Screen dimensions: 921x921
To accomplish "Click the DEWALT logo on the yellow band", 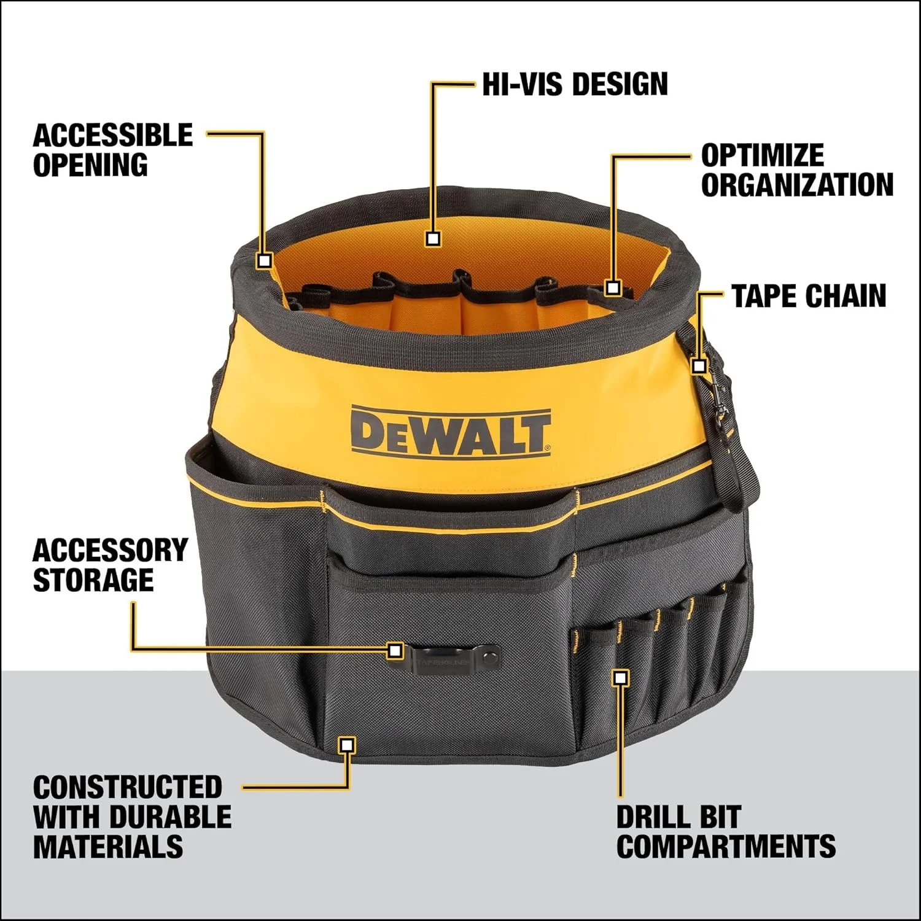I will click(450, 432).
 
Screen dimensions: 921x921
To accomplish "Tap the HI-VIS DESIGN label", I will click(574, 84).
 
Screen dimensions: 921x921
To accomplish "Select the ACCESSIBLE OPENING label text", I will click(112, 150).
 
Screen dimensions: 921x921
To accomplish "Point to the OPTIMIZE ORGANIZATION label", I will click(796, 171).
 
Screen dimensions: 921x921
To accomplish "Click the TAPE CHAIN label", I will click(809, 296).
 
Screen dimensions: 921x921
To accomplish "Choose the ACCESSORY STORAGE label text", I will click(110, 565).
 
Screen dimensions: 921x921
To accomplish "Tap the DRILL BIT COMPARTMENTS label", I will click(725, 832).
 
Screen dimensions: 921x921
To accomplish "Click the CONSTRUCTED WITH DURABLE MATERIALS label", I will click(132, 817).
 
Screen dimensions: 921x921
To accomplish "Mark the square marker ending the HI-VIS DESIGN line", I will click(433, 238).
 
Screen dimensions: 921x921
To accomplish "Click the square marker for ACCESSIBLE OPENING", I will click(264, 260).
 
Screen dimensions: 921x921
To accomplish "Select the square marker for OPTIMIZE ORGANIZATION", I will click(612, 287).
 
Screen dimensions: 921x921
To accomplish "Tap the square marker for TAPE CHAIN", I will click(699, 366).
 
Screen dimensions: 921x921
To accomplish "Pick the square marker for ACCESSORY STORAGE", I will click(395, 650).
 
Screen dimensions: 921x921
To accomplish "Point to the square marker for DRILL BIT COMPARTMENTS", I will click(621, 678).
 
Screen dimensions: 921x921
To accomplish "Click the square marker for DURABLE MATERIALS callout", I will click(347, 745).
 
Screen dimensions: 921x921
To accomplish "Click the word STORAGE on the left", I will click(93, 580).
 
